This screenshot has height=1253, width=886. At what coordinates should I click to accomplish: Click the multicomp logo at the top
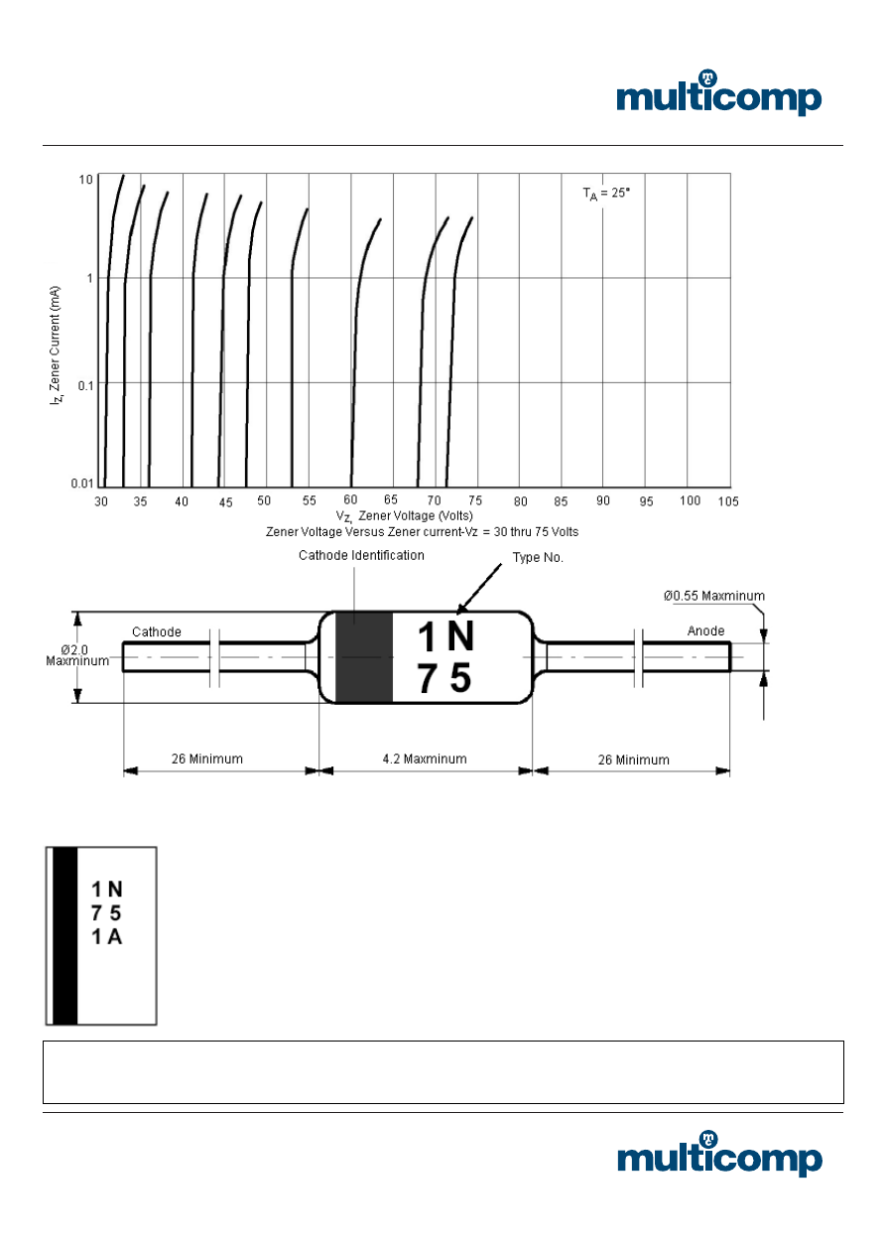pyautogui.click(x=718, y=95)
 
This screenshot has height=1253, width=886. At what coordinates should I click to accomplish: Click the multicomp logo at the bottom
pyautogui.click(x=718, y=1156)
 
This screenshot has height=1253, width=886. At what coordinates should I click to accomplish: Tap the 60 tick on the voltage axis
pyautogui.click(x=350, y=501)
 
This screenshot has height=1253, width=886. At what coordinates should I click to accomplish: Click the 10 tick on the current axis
pyautogui.click(x=86, y=179)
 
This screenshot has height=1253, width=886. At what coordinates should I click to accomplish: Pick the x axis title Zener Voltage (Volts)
pyautogui.click(x=404, y=516)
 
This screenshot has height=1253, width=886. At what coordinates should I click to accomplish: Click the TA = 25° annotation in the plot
pyautogui.click(x=605, y=194)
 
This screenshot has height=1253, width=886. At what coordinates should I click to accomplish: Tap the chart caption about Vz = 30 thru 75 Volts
pyautogui.click(x=422, y=532)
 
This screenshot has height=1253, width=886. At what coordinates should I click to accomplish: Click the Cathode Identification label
pyautogui.click(x=361, y=556)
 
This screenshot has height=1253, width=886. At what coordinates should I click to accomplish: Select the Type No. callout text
pyautogui.click(x=538, y=558)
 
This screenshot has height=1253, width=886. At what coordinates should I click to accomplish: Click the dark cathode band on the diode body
pyautogui.click(x=364, y=658)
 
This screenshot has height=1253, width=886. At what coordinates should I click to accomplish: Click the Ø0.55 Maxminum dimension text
pyautogui.click(x=714, y=596)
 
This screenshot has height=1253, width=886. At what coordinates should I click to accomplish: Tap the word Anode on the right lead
pyautogui.click(x=705, y=630)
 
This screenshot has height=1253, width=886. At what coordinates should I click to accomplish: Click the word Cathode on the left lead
pyautogui.click(x=157, y=631)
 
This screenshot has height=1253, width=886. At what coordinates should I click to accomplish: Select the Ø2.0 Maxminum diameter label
pyautogui.click(x=77, y=655)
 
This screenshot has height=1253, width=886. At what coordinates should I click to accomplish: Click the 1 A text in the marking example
pyautogui.click(x=106, y=935)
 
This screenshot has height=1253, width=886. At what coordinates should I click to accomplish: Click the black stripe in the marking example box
pyautogui.click(x=64, y=934)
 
